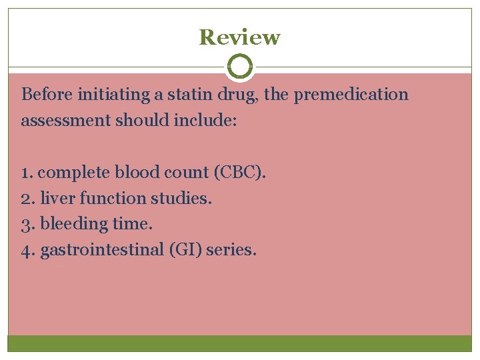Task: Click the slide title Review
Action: [239, 37]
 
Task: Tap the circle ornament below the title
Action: [240, 67]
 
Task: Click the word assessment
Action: [58, 121]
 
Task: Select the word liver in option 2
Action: [54, 199]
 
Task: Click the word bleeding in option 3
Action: [74, 225]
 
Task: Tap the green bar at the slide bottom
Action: [240, 343]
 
